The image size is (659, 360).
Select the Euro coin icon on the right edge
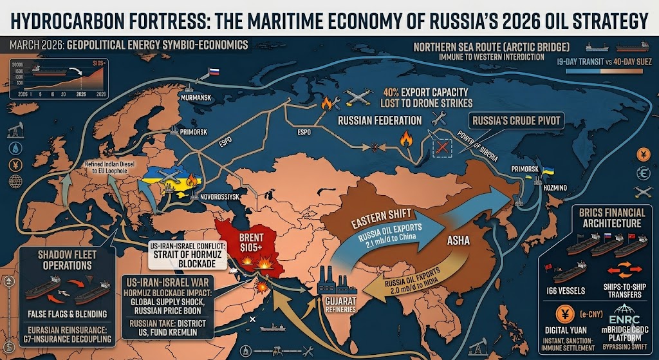point(642,173)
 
